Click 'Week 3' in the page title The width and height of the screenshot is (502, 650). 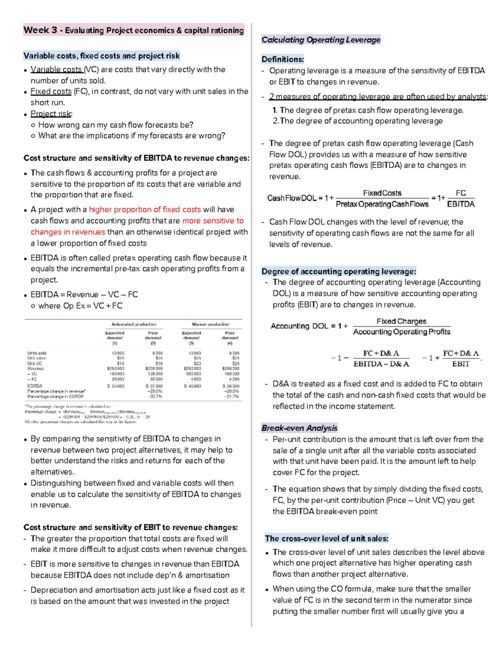pos(40,30)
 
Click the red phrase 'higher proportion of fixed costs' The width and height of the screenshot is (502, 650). pos(145,210)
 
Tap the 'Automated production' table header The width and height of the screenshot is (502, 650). pos(133,324)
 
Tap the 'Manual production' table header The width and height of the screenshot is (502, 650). pos(210,324)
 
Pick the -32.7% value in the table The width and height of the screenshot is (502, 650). pos(155,396)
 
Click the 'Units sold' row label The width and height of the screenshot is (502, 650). pos(37,353)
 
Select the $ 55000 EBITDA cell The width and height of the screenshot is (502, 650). pos(115,386)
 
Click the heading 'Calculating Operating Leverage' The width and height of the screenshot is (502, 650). pos(321,40)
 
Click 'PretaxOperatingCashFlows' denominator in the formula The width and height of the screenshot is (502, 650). pos(382,204)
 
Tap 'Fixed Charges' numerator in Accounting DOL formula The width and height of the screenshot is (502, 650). pos(401,321)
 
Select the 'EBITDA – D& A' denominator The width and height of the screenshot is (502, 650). pos(381,364)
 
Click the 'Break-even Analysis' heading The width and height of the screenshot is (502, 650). pos(299,428)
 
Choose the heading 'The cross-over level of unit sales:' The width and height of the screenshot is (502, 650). pos(326,539)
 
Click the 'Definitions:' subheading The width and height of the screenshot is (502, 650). pos(283,59)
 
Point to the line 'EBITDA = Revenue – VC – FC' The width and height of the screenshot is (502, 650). pos(84,295)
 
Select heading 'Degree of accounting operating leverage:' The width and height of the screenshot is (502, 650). pos(338,271)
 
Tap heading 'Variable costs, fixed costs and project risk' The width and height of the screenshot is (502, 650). pos(102,56)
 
